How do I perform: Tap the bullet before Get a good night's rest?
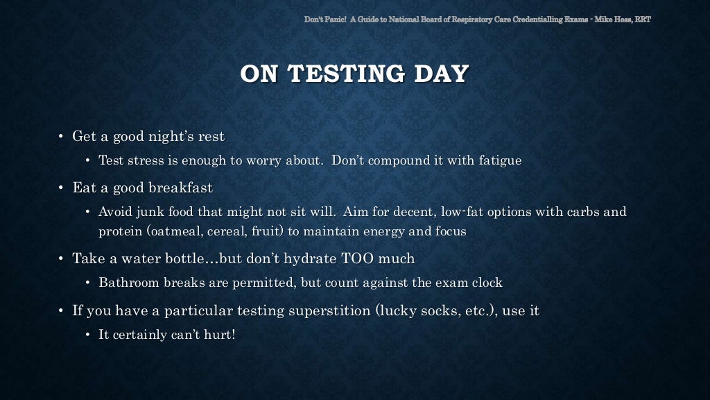[x=61, y=136]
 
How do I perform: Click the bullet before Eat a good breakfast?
[x=61, y=187]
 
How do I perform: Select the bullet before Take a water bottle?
[x=61, y=259]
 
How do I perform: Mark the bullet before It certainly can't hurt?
[x=87, y=335]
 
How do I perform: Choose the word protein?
[x=121, y=231]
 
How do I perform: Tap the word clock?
[x=487, y=283]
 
